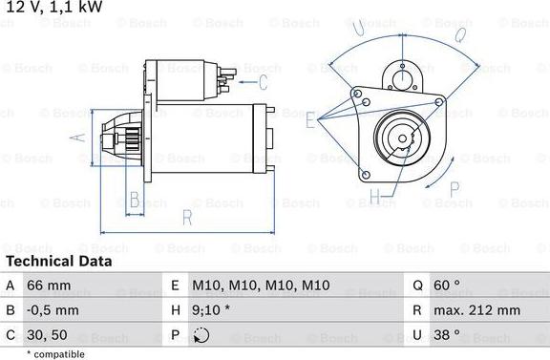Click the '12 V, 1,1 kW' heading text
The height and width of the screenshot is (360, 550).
[x=54, y=7]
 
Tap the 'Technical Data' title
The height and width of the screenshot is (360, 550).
[x=59, y=262]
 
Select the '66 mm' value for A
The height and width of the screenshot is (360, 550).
[x=49, y=286]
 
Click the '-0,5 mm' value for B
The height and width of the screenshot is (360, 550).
[x=53, y=310]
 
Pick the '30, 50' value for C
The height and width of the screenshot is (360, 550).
[x=47, y=335]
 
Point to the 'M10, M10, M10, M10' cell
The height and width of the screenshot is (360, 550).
[x=261, y=286]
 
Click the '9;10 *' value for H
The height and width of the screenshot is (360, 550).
[x=211, y=310]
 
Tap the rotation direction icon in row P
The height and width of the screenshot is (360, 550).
[x=201, y=335]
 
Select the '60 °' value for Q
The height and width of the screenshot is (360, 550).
[x=447, y=285]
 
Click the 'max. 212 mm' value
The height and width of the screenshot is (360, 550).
[x=477, y=310]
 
